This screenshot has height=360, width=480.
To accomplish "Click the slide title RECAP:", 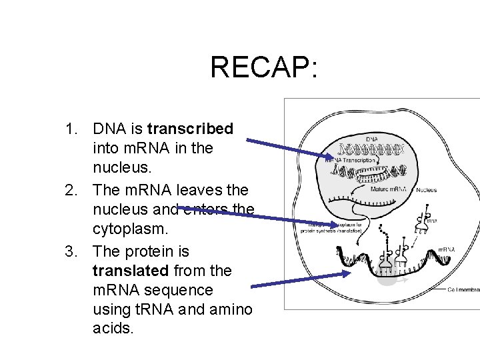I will tap(265, 67).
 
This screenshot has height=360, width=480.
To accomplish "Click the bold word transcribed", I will tap(190, 128).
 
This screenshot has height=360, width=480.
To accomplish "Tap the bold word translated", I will tap(130, 271).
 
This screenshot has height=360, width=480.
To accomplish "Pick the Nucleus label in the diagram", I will tap(427, 190).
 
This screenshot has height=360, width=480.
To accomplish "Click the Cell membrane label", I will tap(463, 290).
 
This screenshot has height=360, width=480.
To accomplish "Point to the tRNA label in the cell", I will tap(433, 221).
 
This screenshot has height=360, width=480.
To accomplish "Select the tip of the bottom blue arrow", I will tap(349, 273).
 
